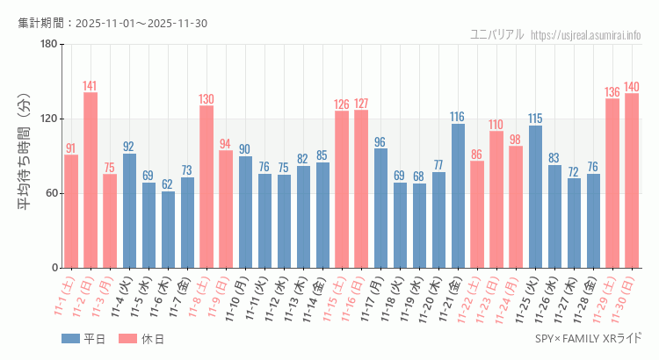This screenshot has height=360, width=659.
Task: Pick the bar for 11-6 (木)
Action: tap(168, 229)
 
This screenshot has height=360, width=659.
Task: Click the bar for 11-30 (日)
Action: tap(632, 180)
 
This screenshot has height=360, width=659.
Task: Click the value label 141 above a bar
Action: tap(91, 86)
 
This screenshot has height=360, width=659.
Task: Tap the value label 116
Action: tap(458, 117)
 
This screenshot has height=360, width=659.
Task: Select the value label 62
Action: tap(168, 184)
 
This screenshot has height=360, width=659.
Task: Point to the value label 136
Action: tap(612, 91)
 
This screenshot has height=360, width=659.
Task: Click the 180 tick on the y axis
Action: tap(48, 45)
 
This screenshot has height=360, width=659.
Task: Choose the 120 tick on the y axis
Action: tap(48, 119)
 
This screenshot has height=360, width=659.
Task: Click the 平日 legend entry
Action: tap(83, 338)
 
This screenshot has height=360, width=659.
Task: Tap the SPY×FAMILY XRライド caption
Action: tap(588, 337)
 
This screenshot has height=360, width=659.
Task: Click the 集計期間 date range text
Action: tap(112, 23)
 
